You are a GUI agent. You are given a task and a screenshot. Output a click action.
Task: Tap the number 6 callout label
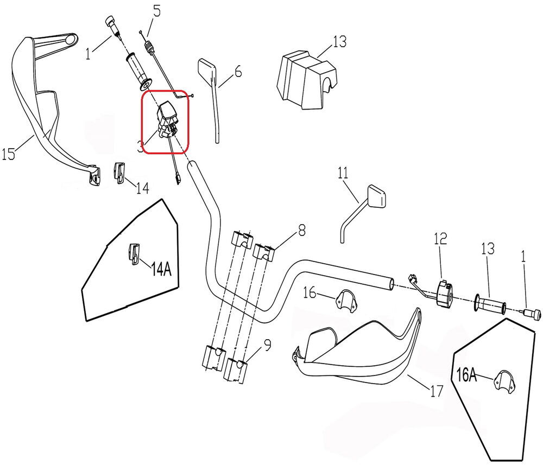(237, 72)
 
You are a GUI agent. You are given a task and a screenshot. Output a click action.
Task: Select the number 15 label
(8, 155)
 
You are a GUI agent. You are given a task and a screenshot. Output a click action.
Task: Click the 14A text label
(161, 269)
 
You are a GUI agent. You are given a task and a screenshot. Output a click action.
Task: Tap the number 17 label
(436, 391)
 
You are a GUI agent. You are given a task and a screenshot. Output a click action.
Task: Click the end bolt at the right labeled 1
(532, 314)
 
